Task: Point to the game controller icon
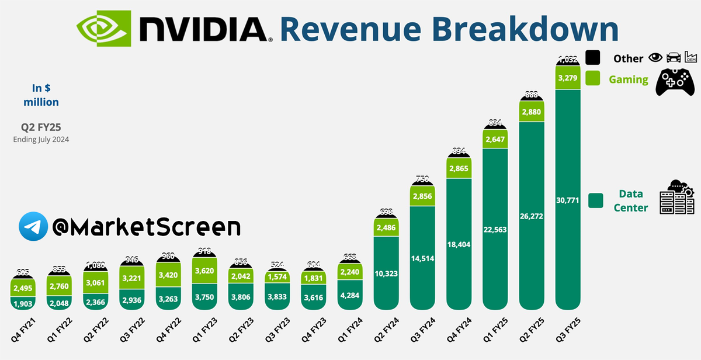[675, 81]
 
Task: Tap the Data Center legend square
[596, 200]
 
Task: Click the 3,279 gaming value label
[568, 78]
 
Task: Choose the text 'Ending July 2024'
[41, 139]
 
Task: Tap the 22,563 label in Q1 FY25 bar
[495, 230]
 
